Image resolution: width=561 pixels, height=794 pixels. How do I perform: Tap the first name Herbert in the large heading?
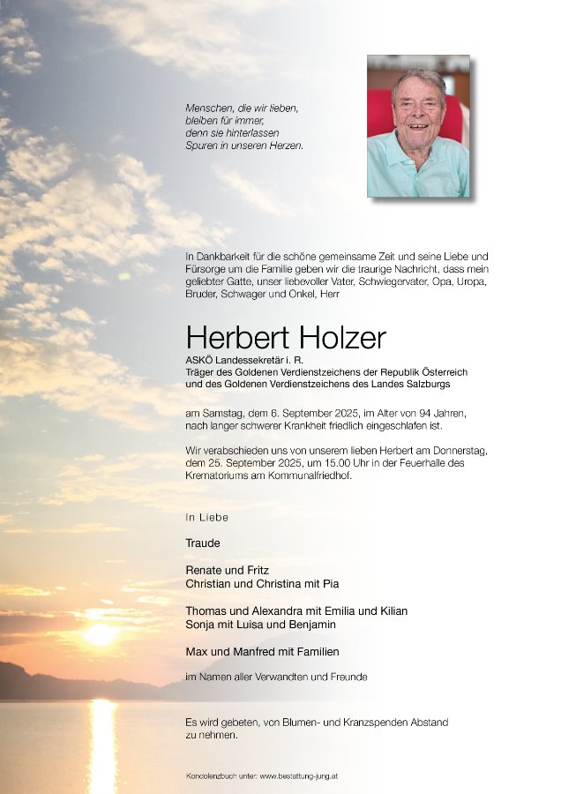tap(231, 337)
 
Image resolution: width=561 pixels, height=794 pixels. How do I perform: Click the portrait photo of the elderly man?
tap(418, 126)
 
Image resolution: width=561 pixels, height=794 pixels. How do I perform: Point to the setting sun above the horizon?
tap(100, 633)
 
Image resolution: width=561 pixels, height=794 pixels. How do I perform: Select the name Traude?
tap(203, 543)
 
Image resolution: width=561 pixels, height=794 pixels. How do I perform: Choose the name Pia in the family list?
tap(331, 584)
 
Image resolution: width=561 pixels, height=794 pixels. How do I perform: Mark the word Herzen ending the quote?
tap(285, 146)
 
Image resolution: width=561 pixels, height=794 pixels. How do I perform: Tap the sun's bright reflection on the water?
tap(101, 745)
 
